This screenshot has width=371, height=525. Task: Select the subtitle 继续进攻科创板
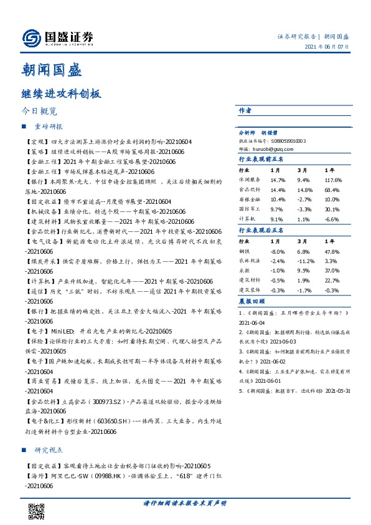[x=61, y=94]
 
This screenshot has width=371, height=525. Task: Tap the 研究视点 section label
[x=49, y=450]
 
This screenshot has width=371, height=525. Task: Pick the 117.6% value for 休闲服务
[x=333, y=180]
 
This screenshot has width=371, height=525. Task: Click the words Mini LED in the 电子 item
[x=66, y=331]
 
